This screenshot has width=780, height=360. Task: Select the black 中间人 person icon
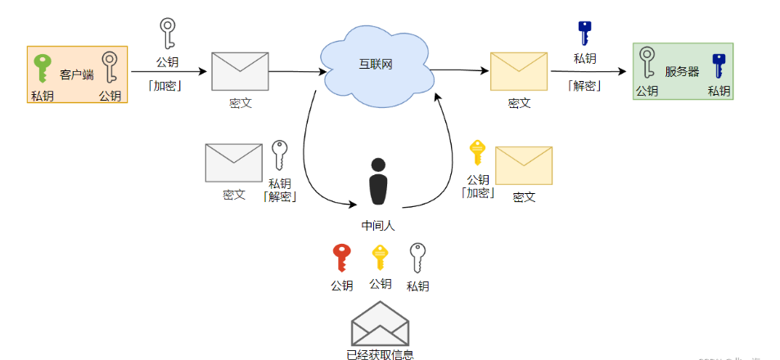point(377,182)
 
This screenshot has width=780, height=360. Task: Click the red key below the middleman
point(341,258)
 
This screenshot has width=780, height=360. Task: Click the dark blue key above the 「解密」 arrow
point(584,33)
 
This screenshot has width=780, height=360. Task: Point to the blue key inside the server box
point(719,65)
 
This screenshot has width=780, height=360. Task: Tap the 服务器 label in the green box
point(682,72)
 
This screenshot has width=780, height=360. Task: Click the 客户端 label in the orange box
point(77,75)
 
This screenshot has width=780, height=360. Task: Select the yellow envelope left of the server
point(518,71)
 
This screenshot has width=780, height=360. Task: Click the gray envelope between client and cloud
point(240,71)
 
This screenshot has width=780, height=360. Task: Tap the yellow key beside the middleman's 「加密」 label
point(476,154)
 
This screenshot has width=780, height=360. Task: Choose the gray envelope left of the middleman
point(233,163)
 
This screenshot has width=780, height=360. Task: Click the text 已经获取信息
point(380,354)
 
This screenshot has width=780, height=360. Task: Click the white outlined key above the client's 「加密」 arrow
point(167,34)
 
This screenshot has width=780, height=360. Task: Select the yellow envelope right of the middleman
point(524,165)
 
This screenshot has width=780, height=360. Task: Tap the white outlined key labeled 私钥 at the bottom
point(418,258)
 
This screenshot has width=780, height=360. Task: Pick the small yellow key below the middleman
point(380,258)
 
